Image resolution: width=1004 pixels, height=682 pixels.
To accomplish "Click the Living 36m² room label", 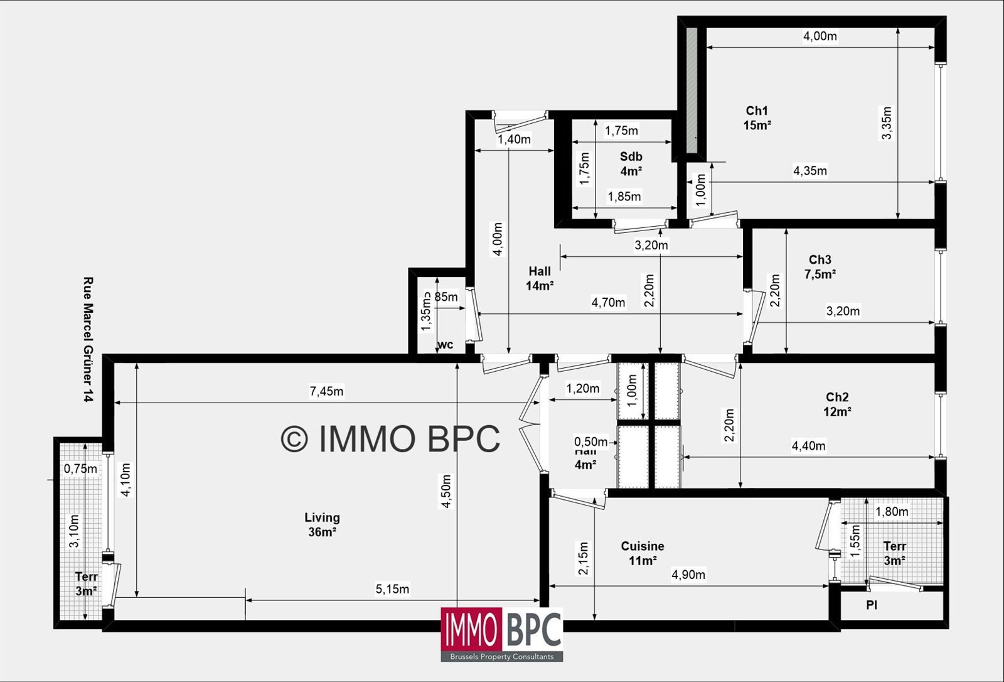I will coord(322,525).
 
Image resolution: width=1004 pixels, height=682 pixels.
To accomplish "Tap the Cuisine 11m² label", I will coord(643,553).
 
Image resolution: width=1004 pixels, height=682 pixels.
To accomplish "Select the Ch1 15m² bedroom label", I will coord(757,118).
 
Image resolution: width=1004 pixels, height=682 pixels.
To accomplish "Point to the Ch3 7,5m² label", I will coord(820,266).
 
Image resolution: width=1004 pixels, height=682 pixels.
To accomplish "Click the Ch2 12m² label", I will coord(837,404).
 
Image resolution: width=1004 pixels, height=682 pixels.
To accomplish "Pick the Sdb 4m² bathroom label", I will coord(631,163).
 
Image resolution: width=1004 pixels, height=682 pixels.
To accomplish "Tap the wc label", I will coord(445,345).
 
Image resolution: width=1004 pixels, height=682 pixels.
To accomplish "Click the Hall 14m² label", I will coord(540,278).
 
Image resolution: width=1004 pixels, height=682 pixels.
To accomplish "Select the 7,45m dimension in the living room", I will coord(326,391).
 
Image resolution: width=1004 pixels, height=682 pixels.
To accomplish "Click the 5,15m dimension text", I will coord(392,589).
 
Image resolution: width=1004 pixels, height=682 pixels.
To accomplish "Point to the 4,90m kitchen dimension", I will coord(688,575).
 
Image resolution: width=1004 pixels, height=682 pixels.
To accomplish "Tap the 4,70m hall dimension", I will coord(608,303).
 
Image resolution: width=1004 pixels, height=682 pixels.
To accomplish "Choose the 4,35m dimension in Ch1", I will coord(809,170).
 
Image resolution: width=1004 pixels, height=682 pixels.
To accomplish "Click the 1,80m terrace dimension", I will coord(891,512).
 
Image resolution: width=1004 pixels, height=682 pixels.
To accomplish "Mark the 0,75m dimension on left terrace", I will coord(81,468).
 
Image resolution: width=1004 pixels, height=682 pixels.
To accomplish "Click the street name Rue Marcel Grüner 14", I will coord(88,340).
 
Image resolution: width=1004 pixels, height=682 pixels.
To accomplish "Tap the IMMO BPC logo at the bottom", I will coord(501,634).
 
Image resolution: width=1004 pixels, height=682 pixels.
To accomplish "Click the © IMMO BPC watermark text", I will coord(390,438).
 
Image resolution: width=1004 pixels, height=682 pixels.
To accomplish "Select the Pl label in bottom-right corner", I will coord(872,605).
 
